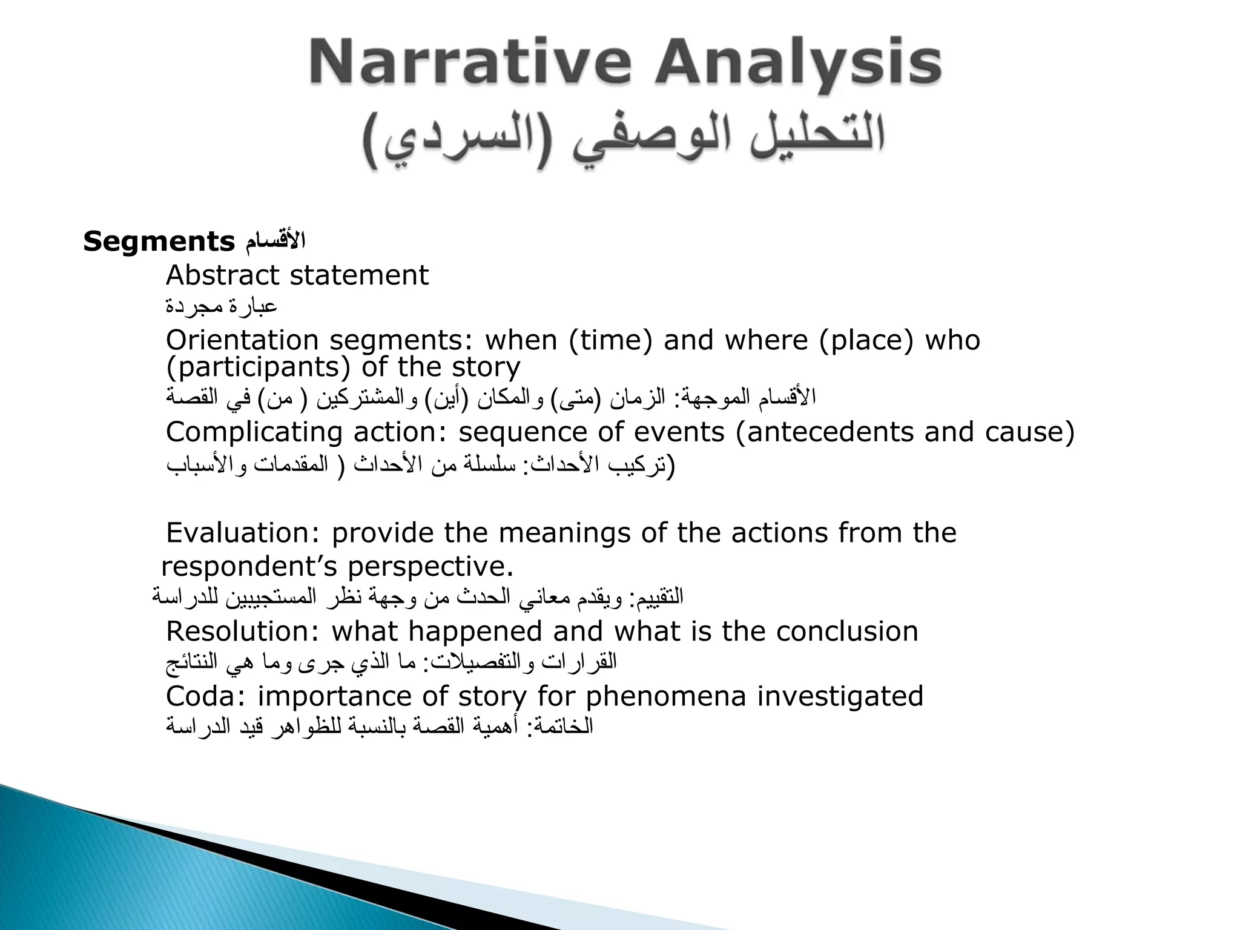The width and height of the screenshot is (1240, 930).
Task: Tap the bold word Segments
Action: click(x=159, y=242)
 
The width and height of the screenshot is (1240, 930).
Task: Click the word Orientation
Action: click(x=242, y=340)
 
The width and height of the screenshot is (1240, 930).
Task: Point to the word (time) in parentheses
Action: click(x=610, y=340)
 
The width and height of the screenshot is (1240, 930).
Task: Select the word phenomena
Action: click(x=665, y=696)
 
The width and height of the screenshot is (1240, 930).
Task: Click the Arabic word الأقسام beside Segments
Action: click(x=275, y=242)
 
